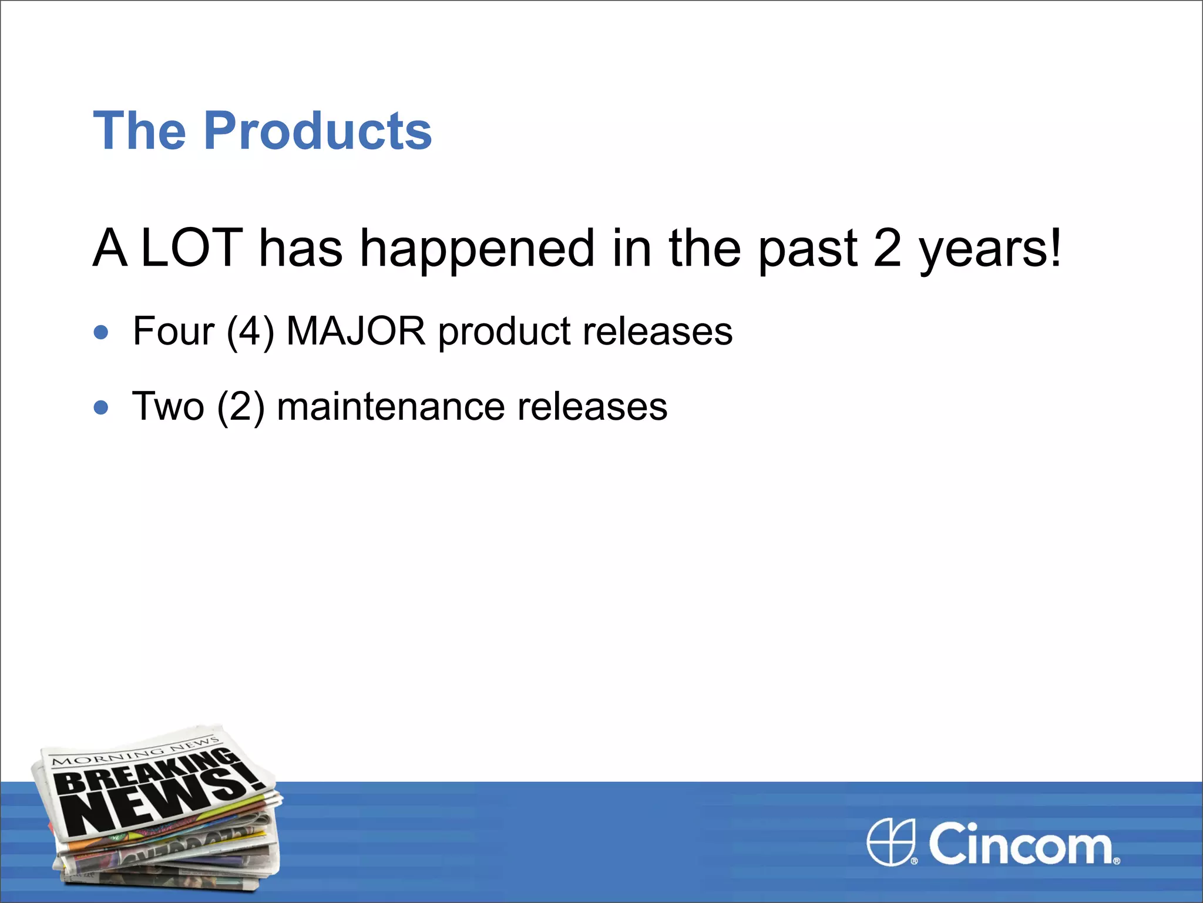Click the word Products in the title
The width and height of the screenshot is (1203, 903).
click(x=318, y=131)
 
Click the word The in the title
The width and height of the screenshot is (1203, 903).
click(x=139, y=131)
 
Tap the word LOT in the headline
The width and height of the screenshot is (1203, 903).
click(x=192, y=248)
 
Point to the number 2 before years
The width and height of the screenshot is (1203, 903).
click(x=887, y=248)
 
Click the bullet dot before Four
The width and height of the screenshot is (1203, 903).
click(x=101, y=332)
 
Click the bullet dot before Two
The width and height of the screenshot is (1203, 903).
click(x=101, y=407)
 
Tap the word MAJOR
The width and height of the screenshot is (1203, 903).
click(x=355, y=331)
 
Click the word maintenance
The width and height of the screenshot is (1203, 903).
click(x=390, y=407)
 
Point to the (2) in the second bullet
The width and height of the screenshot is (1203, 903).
click(x=240, y=407)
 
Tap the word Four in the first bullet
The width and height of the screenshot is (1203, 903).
click(x=173, y=331)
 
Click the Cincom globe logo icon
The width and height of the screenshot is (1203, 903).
click(x=891, y=842)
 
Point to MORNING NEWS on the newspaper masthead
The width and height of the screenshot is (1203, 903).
click(x=135, y=752)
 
